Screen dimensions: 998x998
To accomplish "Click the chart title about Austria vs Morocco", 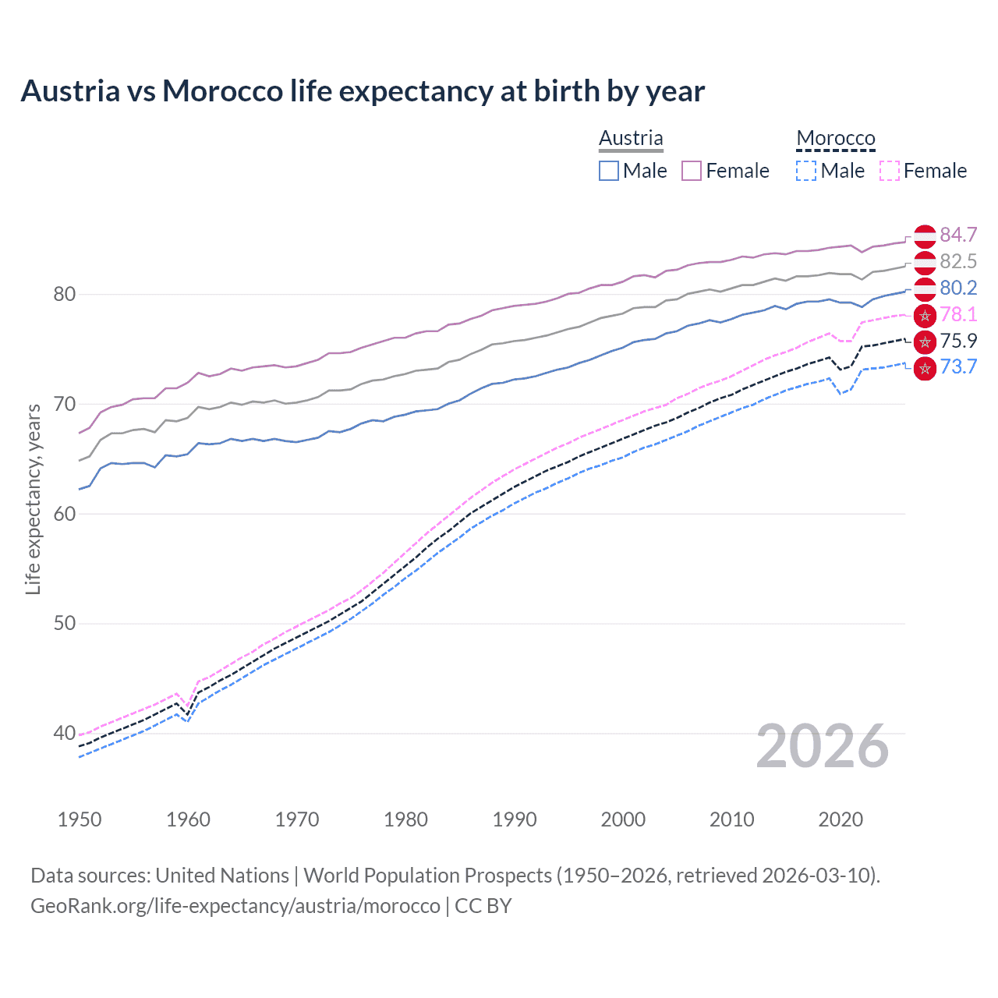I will pyautogui.click(x=363, y=91).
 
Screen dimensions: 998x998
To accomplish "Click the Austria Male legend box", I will pyautogui.click(x=609, y=171).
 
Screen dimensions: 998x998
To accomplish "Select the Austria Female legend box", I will pyautogui.click(x=692, y=171).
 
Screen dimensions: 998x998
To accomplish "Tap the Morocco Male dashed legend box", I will pyautogui.click(x=806, y=171).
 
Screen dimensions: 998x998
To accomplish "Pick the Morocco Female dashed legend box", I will pyautogui.click(x=890, y=171).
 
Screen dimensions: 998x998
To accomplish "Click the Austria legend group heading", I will pyautogui.click(x=631, y=138).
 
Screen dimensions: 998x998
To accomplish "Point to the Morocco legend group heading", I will pyautogui.click(x=836, y=138).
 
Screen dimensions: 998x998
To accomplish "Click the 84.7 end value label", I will pyautogui.click(x=958, y=235).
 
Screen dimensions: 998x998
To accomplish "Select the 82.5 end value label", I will pyautogui.click(x=958, y=261).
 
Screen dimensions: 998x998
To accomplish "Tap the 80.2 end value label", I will pyautogui.click(x=958, y=288).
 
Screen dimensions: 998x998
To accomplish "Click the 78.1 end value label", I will pyautogui.click(x=958, y=314).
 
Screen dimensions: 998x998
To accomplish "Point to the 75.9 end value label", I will pyautogui.click(x=958, y=341).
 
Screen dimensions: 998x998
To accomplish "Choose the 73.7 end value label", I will pyautogui.click(x=958, y=366).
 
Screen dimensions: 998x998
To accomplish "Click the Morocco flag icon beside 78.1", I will pyautogui.click(x=925, y=316).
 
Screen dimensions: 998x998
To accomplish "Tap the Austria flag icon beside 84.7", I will pyautogui.click(x=925, y=235).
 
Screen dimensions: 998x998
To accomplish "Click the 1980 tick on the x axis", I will pyautogui.click(x=405, y=819).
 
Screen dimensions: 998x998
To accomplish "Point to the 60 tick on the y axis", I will pyautogui.click(x=65, y=514).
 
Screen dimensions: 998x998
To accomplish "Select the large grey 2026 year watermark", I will pyautogui.click(x=822, y=746).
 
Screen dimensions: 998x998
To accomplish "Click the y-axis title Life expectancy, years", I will pyautogui.click(x=33, y=499).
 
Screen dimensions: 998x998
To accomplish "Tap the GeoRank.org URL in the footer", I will pyautogui.click(x=235, y=906).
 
